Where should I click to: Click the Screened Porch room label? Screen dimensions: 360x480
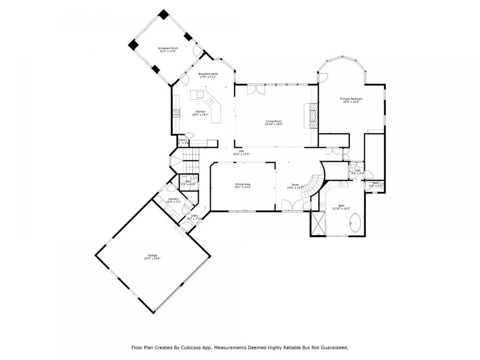click(168, 49)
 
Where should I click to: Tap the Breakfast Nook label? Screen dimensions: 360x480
click(208, 74)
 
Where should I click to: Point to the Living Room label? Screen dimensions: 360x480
click(274, 122)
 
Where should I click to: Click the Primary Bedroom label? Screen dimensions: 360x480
click(351, 99)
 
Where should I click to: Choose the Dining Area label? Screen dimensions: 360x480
click(243, 184)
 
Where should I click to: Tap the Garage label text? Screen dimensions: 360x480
click(151, 256)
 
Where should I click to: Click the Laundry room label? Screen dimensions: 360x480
click(174, 199)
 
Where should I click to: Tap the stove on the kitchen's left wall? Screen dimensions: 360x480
click(175, 113)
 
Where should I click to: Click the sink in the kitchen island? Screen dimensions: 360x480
click(211, 101)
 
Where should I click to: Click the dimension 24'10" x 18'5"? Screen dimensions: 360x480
click(274, 124)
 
